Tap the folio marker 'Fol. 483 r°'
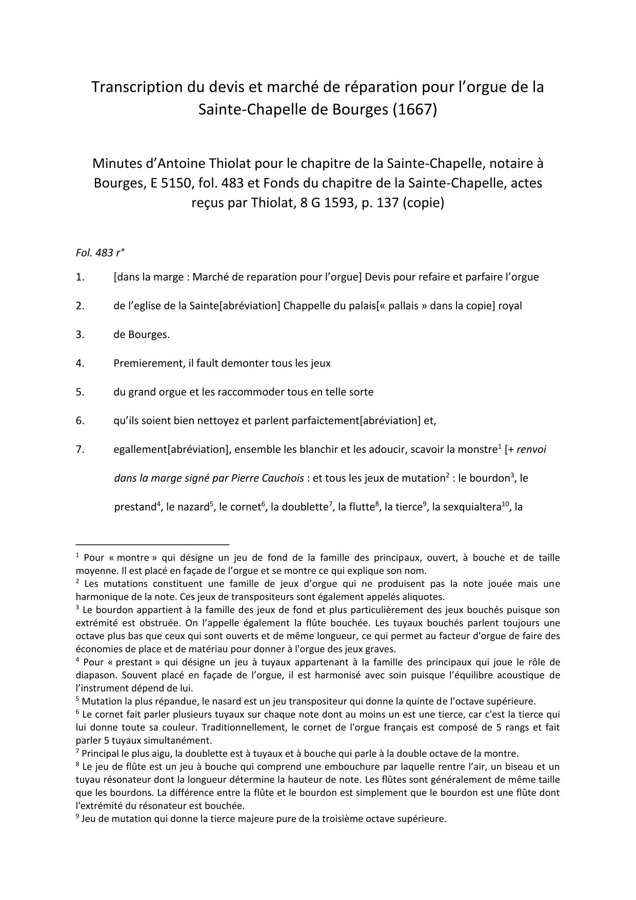pyautogui.click(x=100, y=253)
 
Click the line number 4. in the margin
pyautogui.click(x=80, y=363)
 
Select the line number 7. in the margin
pyautogui.click(x=80, y=450)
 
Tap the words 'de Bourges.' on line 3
pyautogui.click(x=142, y=335)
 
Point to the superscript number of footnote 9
pyautogui.click(x=77, y=816)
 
